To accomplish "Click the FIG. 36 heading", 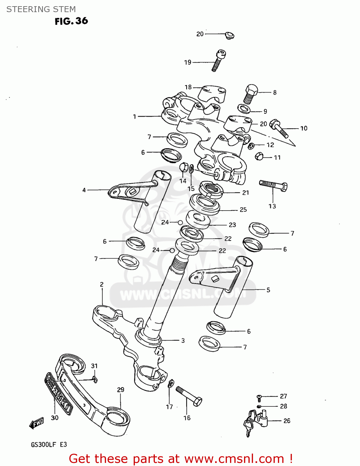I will click(x=71, y=21).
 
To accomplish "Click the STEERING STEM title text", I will click(x=41, y=9).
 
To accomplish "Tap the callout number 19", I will click(x=187, y=62).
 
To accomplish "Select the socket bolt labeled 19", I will click(x=218, y=61).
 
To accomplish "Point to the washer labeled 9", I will click(x=244, y=109).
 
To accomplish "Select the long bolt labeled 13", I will click(x=273, y=185).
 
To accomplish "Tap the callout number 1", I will click(x=135, y=117).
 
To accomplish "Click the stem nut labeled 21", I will click(x=211, y=190).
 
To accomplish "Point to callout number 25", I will click(x=243, y=210).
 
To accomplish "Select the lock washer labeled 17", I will click(x=171, y=384).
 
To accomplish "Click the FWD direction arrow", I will click(x=37, y=423).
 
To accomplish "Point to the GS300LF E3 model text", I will click(x=49, y=445).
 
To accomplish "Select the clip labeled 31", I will click(x=95, y=378).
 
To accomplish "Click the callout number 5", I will click(x=268, y=290).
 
